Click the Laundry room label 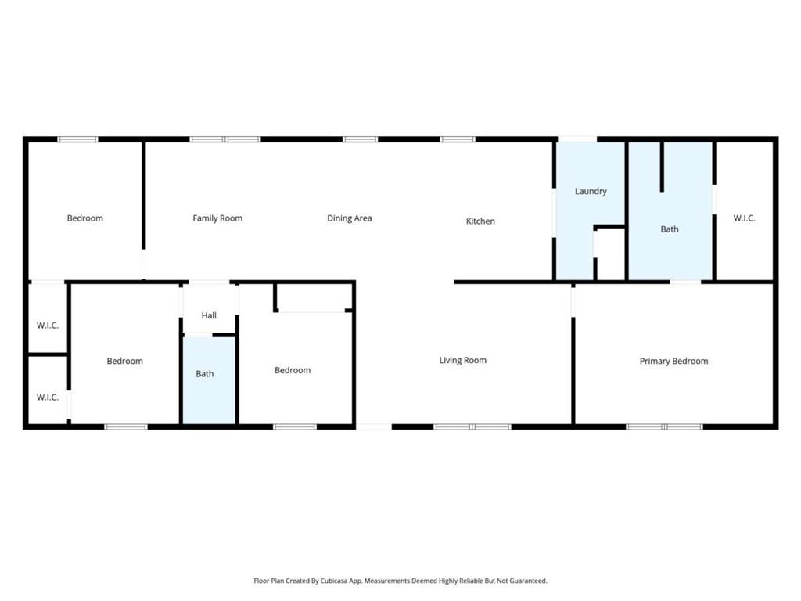[x=591, y=191]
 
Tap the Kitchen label [x=480, y=221]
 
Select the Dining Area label [x=349, y=218]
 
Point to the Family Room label [x=217, y=218]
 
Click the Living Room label [x=462, y=361]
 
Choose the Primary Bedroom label [x=673, y=362]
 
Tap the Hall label [x=209, y=315]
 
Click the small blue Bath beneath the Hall [x=205, y=374]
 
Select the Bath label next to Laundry [x=670, y=229]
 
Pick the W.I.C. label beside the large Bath [x=744, y=218]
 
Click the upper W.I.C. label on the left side [x=48, y=326]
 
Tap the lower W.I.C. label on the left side [x=48, y=398]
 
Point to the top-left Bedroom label [x=84, y=218]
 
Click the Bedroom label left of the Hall [x=125, y=361]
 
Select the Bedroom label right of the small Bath [x=293, y=370]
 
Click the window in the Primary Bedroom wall [x=664, y=426]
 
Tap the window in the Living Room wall [x=472, y=426]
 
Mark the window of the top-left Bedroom [x=77, y=139]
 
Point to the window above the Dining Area [x=360, y=139]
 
